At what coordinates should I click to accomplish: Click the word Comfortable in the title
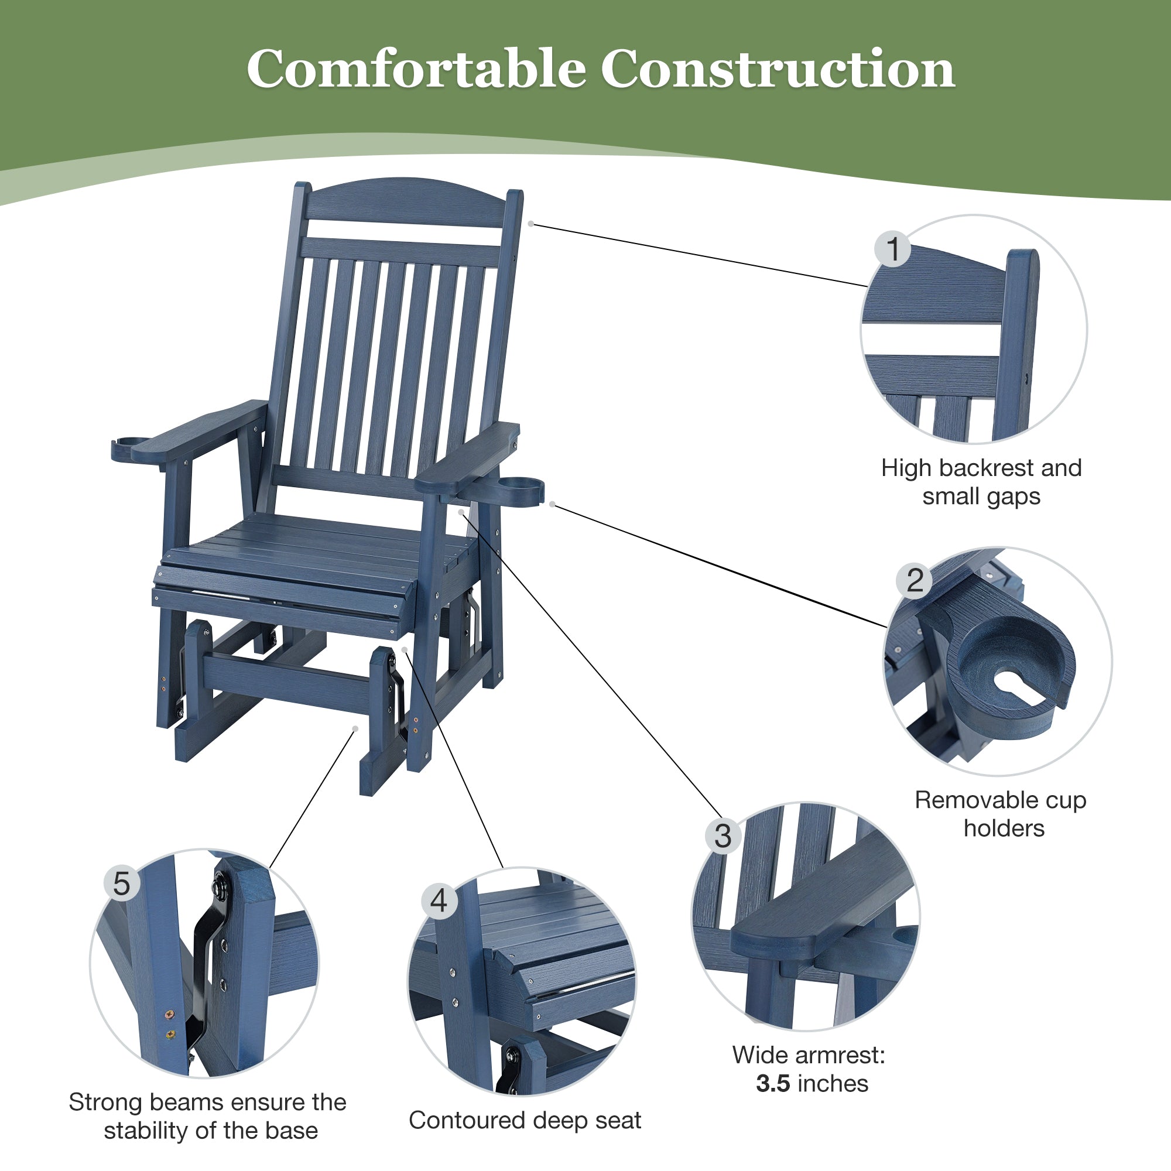click(416, 70)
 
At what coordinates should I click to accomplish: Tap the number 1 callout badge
click(892, 248)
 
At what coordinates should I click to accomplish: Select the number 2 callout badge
click(915, 580)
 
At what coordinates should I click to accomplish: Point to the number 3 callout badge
click(723, 837)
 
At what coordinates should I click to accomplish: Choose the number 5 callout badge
click(122, 883)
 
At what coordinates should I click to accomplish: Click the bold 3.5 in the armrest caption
click(773, 1083)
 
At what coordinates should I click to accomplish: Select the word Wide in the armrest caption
click(756, 1055)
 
